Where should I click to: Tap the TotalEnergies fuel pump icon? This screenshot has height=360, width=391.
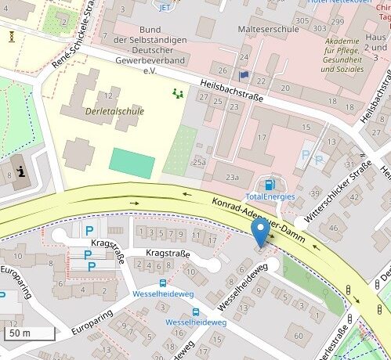click(x=270, y=185)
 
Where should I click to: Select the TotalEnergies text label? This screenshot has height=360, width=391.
click(x=270, y=196)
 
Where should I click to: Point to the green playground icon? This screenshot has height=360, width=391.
click(x=177, y=93)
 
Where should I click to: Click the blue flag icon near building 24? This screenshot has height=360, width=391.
click(x=244, y=76)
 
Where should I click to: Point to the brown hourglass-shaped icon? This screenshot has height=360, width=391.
click(x=13, y=36)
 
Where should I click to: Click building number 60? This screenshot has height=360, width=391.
click(x=299, y=336)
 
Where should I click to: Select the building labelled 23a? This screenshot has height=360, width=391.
click(x=232, y=177)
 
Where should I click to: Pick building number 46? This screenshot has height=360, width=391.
click(x=332, y=228)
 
